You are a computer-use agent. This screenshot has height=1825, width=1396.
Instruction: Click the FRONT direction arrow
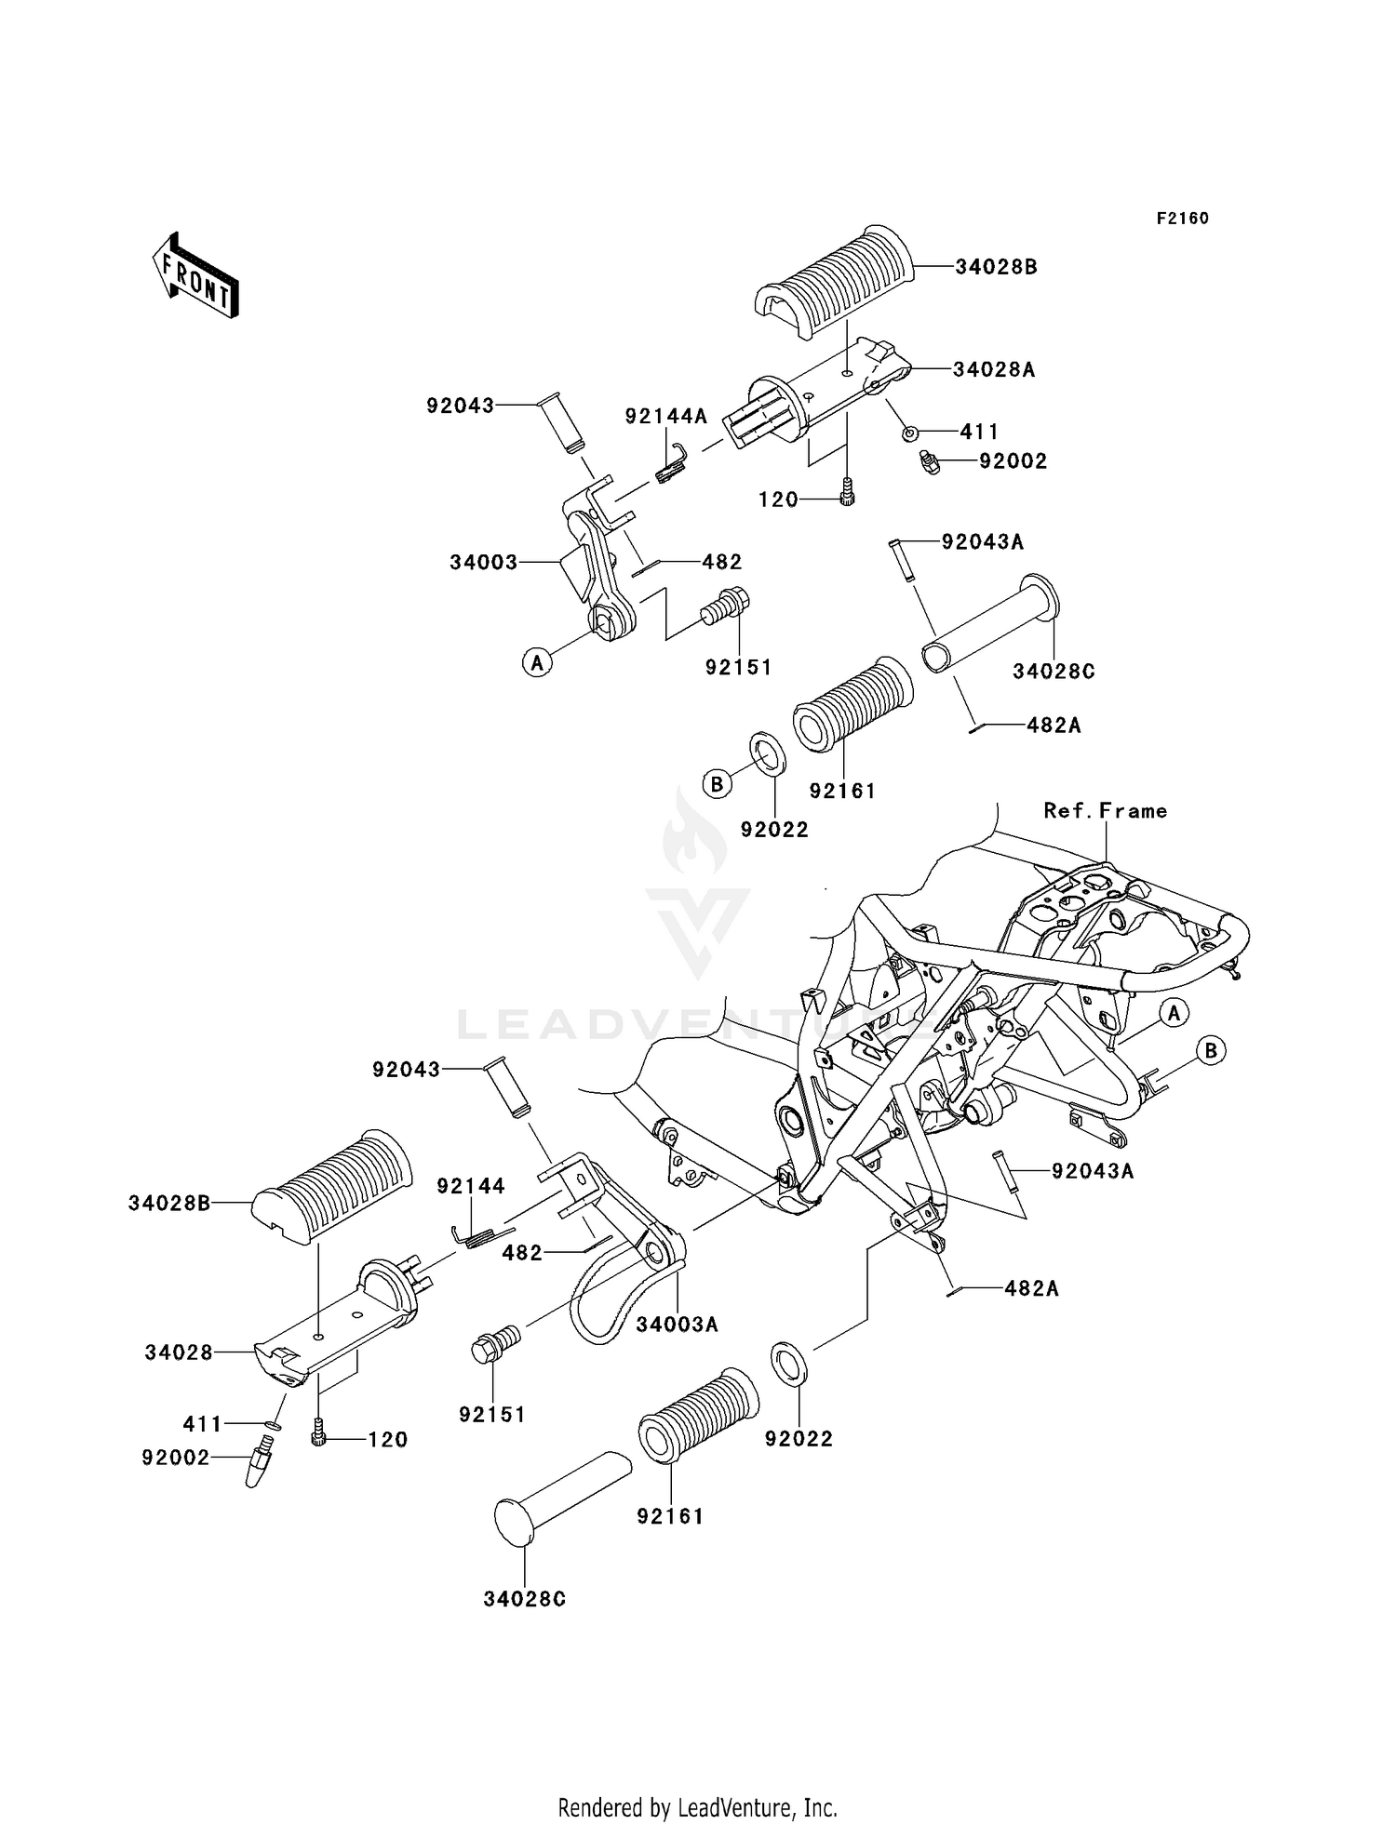pyautogui.click(x=196, y=276)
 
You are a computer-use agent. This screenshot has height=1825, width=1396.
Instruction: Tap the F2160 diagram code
pyautogui.click(x=1183, y=219)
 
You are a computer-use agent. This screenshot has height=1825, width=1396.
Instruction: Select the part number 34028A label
pyautogui.click(x=994, y=369)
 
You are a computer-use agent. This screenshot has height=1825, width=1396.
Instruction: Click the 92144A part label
pyautogui.click(x=666, y=417)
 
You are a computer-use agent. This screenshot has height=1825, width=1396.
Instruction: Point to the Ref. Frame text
pyautogui.click(x=1106, y=810)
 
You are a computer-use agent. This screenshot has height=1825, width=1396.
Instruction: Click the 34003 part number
pyautogui.click(x=484, y=563)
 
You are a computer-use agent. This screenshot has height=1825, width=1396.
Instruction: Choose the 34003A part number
pyautogui.click(x=678, y=1324)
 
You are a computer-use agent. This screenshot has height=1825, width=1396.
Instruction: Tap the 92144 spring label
pyautogui.click(x=472, y=1186)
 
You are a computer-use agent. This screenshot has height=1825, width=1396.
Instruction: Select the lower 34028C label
pyautogui.click(x=525, y=1599)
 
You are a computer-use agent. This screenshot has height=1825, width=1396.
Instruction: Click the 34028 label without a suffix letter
pyautogui.click(x=179, y=1352)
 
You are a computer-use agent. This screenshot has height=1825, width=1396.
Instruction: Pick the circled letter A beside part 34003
pyautogui.click(x=536, y=663)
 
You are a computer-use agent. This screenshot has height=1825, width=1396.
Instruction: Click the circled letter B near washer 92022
pyautogui.click(x=718, y=784)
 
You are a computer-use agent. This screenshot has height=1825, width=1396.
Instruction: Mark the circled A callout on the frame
pyautogui.click(x=1175, y=1012)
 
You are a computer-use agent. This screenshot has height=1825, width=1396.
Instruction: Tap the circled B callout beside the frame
pyautogui.click(x=1211, y=1051)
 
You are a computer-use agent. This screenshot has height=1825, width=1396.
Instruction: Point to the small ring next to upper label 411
pyautogui.click(x=912, y=433)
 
